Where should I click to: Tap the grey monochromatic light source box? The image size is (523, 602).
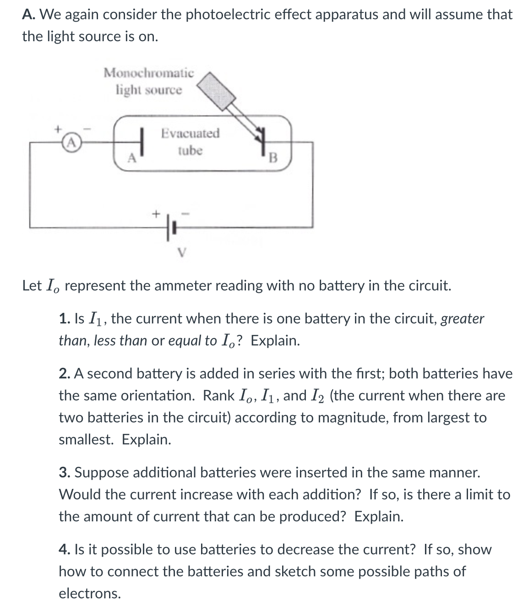click(x=219, y=91)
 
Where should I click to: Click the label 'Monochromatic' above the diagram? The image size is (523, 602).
click(x=148, y=73)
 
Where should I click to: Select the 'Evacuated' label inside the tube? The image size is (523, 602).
click(x=190, y=133)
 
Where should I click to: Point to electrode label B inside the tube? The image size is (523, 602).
click(x=273, y=158)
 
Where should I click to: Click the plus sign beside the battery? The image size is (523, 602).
click(x=156, y=213)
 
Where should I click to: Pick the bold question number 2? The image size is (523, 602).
click(x=65, y=374)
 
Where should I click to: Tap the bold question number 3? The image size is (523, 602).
click(x=65, y=473)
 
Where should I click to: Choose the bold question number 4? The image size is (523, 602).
click(x=65, y=550)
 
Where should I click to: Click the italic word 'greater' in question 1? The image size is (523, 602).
click(x=462, y=319)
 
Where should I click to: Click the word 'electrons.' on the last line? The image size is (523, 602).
click(x=90, y=593)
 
